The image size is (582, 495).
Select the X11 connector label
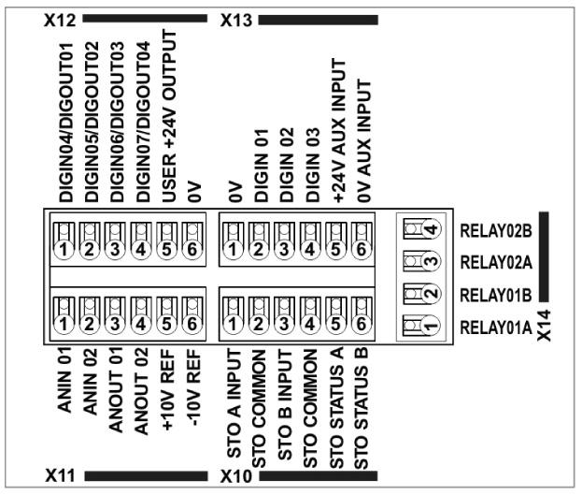click(x=59, y=476)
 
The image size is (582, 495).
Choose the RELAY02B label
click(x=494, y=228)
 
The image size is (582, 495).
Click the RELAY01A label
click(x=494, y=328)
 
